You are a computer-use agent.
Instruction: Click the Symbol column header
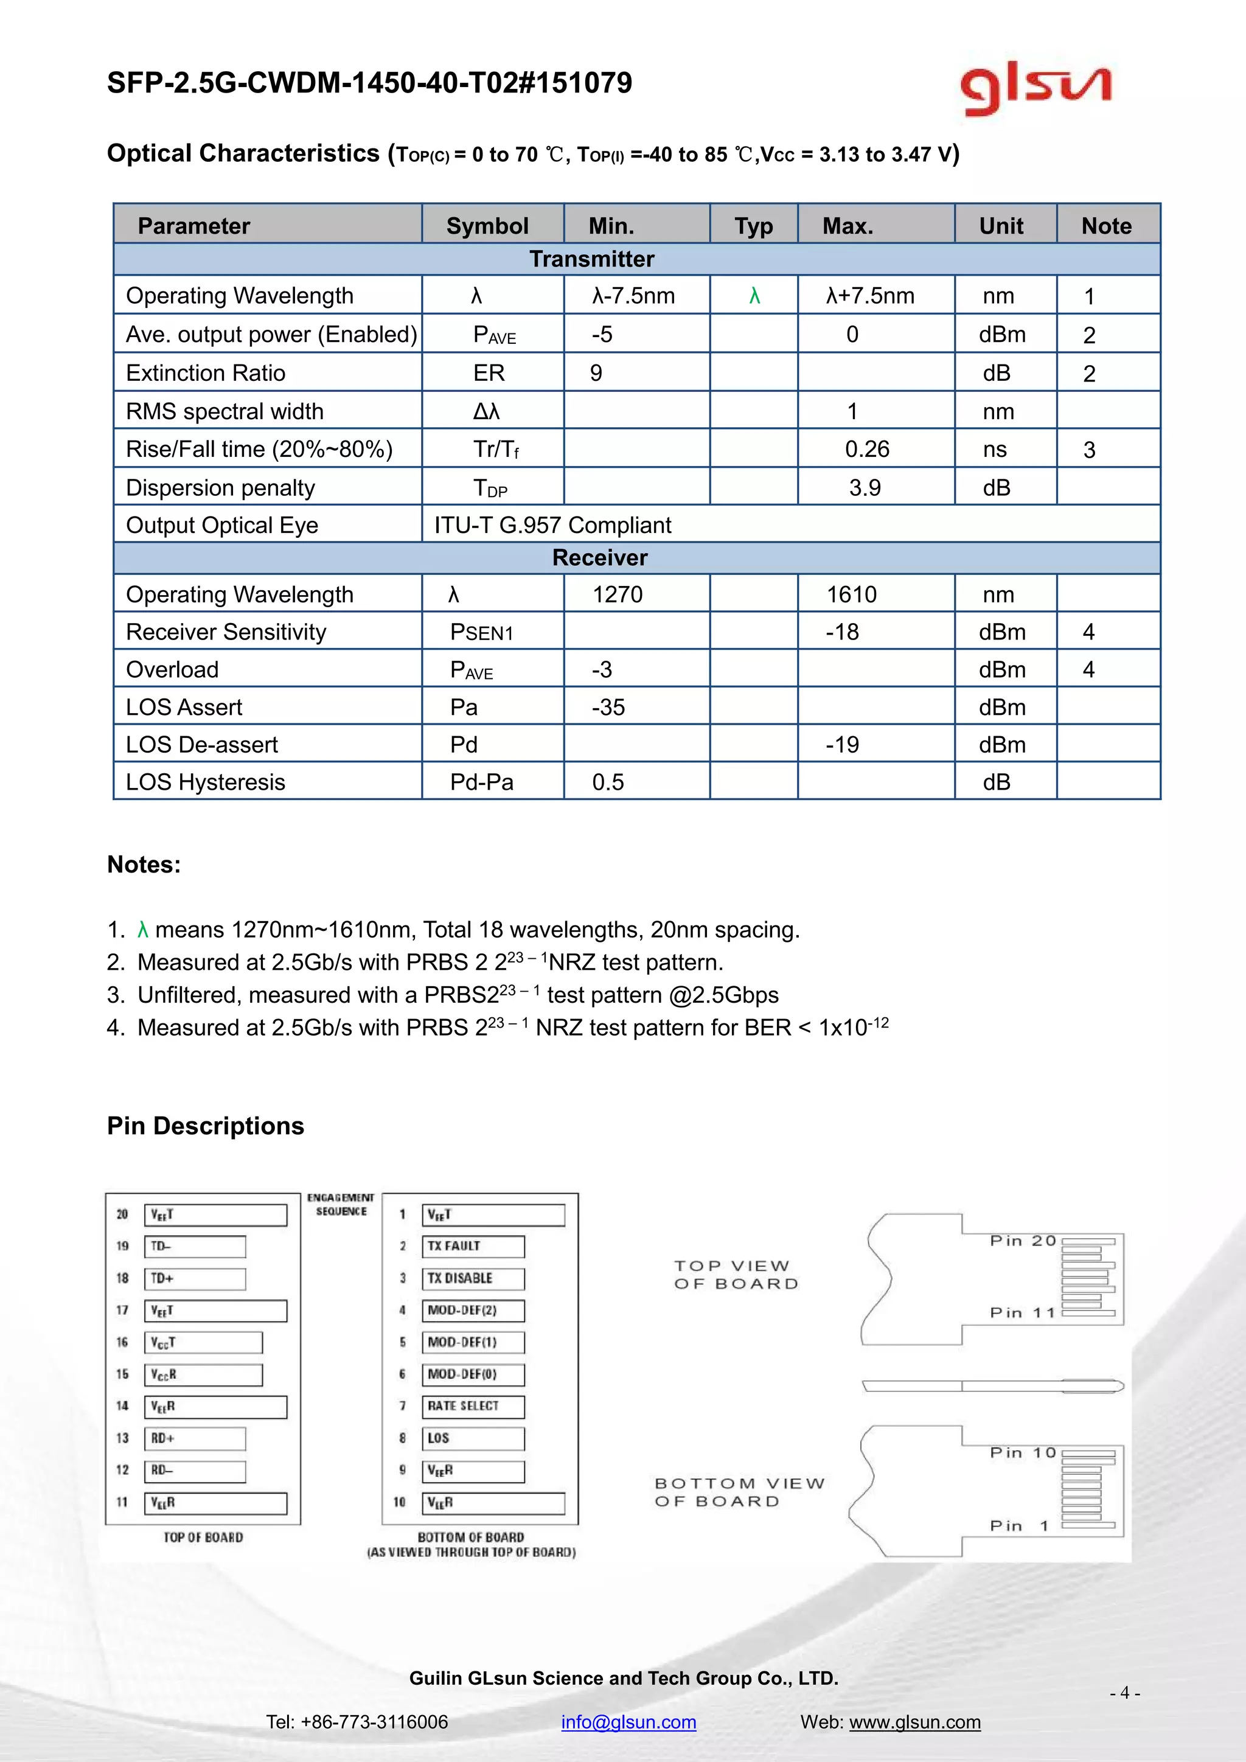[487, 226]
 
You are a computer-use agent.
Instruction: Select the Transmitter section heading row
[591, 259]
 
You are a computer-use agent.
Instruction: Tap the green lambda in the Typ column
[754, 296]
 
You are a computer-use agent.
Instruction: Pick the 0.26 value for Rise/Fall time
[867, 449]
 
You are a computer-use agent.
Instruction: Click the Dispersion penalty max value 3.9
[865, 487]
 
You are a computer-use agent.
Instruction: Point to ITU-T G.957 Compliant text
[552, 525]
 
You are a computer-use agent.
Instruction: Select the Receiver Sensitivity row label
[226, 632]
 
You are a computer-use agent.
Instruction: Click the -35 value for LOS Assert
[608, 707]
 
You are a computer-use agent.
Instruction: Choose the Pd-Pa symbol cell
[482, 782]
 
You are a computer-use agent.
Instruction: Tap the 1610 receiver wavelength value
[852, 594]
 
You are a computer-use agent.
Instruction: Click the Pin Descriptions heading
[206, 1126]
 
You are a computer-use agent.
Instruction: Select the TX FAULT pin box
[473, 1246]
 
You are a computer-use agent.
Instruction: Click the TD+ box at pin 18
[195, 1278]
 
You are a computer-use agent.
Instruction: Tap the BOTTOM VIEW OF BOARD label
[738, 1492]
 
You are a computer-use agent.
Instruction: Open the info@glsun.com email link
[628, 1721]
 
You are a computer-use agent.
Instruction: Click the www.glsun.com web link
[914, 1721]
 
